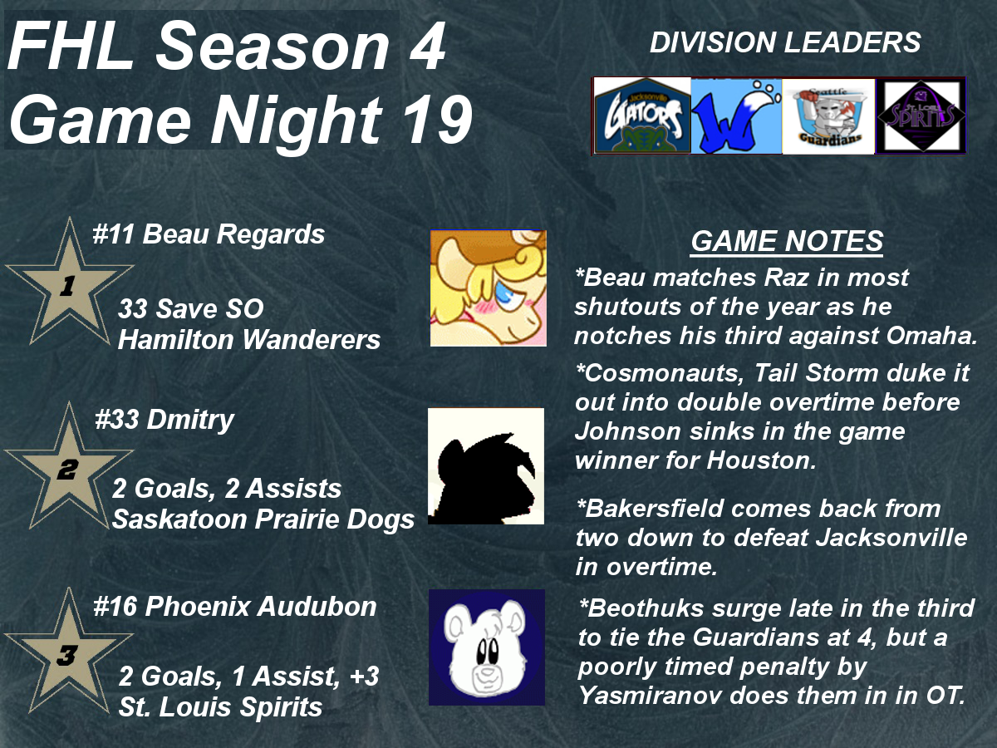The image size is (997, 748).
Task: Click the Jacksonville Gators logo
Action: click(x=642, y=116)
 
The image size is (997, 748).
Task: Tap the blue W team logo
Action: click(x=736, y=116)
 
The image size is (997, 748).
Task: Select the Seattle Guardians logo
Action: click(x=828, y=116)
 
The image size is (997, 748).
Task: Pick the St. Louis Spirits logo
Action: click(x=921, y=116)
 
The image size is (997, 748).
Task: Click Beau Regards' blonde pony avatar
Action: click(x=489, y=288)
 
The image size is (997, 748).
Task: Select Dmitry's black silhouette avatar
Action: click(x=486, y=466)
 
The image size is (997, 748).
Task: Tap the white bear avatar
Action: click(x=487, y=647)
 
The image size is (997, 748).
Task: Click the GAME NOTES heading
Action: click(x=787, y=241)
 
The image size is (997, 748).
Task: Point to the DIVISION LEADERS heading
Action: click(x=785, y=42)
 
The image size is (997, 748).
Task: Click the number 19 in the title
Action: click(x=437, y=120)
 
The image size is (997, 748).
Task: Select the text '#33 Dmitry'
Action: click(x=165, y=419)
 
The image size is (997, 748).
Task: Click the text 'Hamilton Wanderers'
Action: click(x=249, y=340)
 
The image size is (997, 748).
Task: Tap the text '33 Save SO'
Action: click(x=191, y=309)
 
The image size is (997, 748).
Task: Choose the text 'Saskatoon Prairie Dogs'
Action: click(x=263, y=519)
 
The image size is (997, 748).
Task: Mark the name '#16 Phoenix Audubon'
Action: click(x=235, y=607)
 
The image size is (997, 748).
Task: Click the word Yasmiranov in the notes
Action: click(x=650, y=696)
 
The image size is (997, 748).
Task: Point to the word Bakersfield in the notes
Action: click(x=650, y=509)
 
